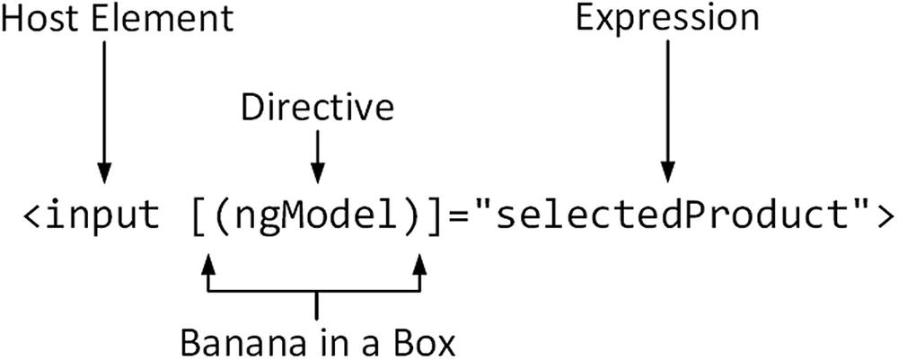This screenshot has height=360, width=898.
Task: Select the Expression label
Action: pos(666,19)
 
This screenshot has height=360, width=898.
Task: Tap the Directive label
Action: pos(316,108)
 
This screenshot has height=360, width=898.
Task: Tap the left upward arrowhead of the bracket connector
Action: pos(208,265)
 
